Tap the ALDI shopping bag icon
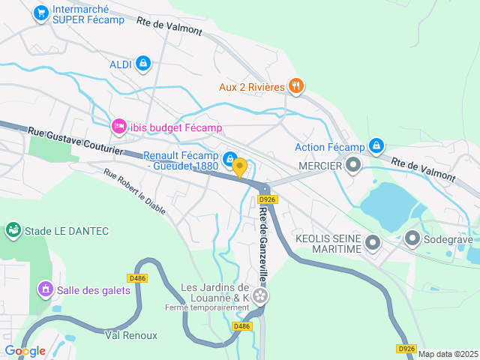coord(142,64)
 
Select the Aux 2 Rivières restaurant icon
coord(296,86)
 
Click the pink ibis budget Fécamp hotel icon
coord(118,127)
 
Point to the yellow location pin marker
coord(239,167)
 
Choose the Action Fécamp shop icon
coord(376,146)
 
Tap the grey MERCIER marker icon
coord(353,164)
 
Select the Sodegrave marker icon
coord(412,239)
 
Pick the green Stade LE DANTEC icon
coord(13,230)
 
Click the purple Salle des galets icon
coord(45,289)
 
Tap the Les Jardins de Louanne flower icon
coord(259,297)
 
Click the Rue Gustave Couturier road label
coord(75,140)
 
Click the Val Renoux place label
coord(130,334)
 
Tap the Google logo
coord(25,351)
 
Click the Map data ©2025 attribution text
coord(447,354)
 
